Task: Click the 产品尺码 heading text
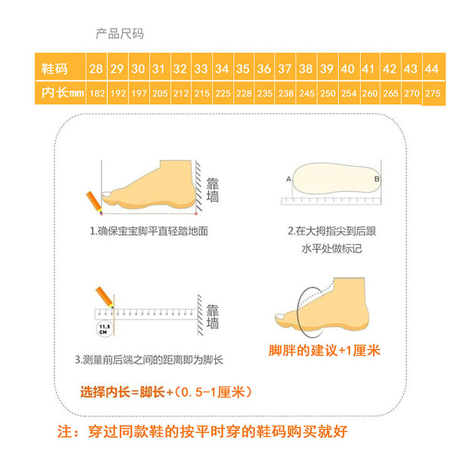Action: (119, 34)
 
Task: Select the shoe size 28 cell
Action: (96, 69)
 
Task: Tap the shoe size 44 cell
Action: (432, 69)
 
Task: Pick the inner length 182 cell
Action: (97, 93)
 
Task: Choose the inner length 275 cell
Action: (432, 93)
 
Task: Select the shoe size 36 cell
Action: (264, 69)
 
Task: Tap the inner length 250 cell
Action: (327, 93)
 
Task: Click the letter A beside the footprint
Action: (289, 179)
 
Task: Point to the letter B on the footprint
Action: (377, 179)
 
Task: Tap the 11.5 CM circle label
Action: (102, 328)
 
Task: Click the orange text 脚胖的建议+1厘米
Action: (325, 351)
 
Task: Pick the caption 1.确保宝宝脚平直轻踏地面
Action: (149, 231)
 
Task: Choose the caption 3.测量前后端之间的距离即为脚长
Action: (149, 360)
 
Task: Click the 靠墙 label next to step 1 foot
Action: (213, 189)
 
